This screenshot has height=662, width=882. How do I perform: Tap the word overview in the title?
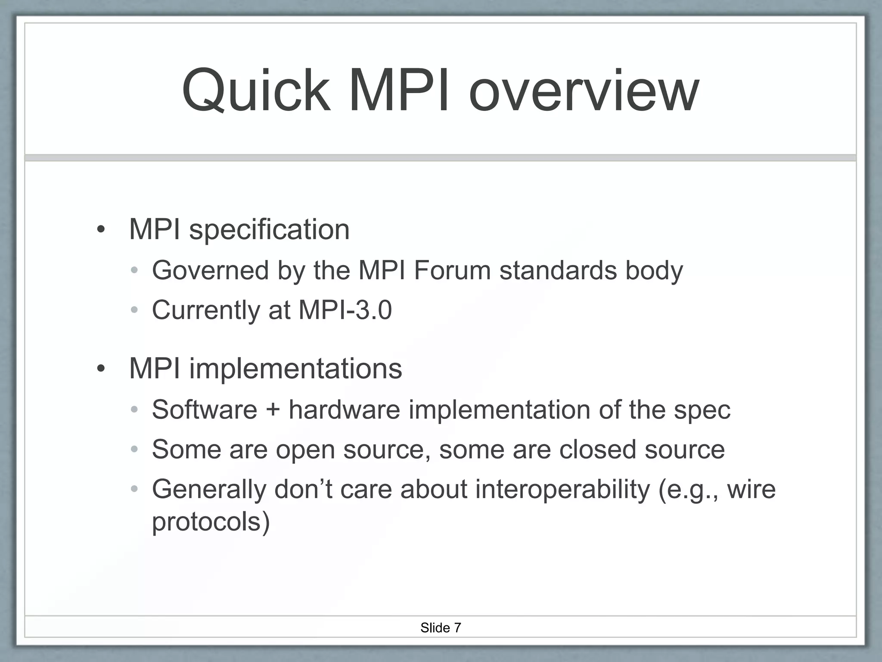(x=584, y=92)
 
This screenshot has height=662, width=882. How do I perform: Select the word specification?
(x=269, y=230)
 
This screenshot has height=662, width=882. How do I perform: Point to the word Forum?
(x=452, y=271)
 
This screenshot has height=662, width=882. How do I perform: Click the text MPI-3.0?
(x=345, y=310)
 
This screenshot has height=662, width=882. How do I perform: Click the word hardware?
(x=345, y=409)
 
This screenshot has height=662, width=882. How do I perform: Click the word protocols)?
(x=211, y=522)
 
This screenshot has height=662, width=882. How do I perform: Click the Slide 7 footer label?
(x=441, y=628)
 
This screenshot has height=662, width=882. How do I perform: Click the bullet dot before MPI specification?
(x=101, y=230)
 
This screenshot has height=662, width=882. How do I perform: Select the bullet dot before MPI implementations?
(x=101, y=369)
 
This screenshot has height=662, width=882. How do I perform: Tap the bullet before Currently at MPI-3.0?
(x=134, y=310)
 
